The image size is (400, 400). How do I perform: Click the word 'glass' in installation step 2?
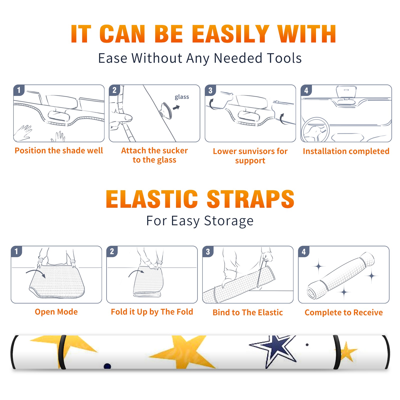click(182, 97)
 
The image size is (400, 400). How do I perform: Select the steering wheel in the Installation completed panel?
click(315, 130)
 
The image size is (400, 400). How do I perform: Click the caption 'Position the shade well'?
click(59, 150)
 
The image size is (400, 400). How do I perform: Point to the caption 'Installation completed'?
click(346, 151)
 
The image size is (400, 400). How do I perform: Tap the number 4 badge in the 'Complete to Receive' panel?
click(304, 251)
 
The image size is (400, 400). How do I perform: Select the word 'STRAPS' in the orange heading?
click(251, 199)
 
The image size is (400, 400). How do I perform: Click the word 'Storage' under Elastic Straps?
click(229, 221)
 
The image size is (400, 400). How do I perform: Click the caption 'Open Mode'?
click(56, 312)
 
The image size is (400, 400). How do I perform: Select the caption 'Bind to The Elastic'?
click(248, 312)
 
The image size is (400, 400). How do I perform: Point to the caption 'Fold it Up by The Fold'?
click(152, 312)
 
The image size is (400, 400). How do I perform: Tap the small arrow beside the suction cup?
click(176, 107)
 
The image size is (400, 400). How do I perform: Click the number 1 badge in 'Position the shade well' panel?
click(19, 90)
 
